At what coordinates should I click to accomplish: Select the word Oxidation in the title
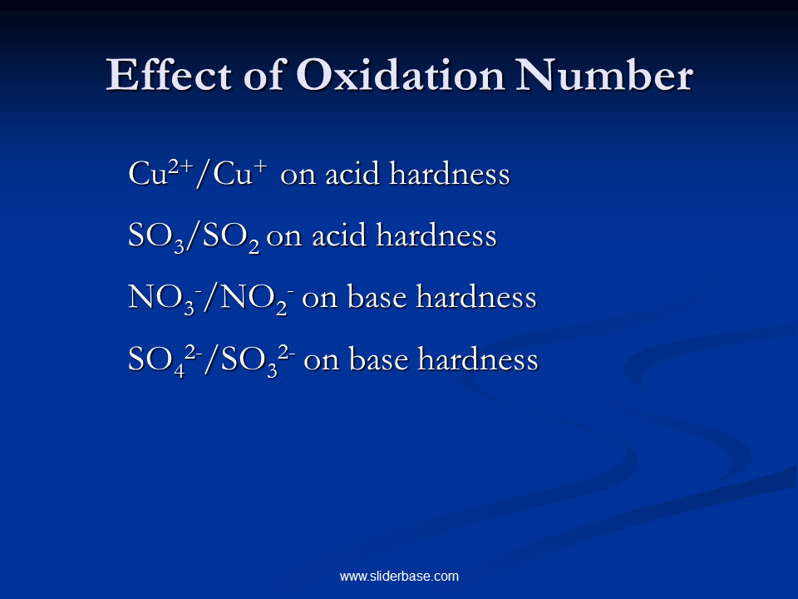click(x=400, y=76)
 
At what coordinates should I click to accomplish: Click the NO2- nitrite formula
click(x=249, y=299)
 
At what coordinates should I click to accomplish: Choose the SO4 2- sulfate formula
click(x=162, y=359)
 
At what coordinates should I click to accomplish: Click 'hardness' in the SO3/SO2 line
click(x=436, y=236)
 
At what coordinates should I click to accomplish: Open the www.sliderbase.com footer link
click(x=399, y=576)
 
